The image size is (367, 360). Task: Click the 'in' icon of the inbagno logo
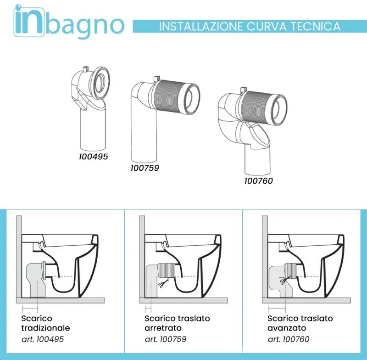click(x=29, y=22)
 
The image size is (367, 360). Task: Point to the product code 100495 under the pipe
click(x=93, y=157)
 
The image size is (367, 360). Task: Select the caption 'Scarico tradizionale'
click(x=45, y=323)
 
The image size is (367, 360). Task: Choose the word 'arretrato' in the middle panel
click(x=163, y=328)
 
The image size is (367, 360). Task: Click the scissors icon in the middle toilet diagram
click(x=163, y=285)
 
